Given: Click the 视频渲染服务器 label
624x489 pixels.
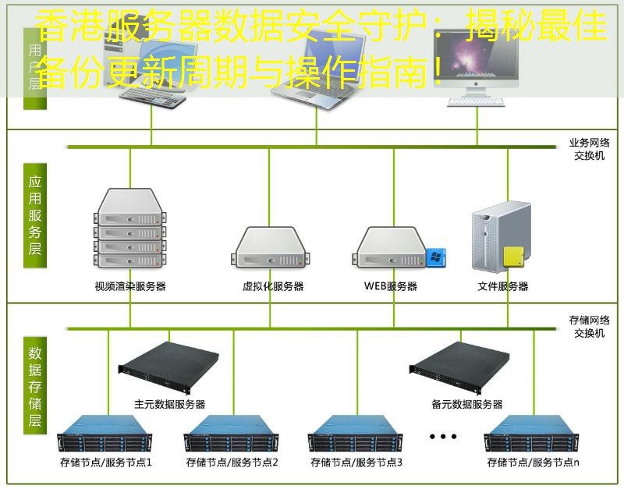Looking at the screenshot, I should point(130,286).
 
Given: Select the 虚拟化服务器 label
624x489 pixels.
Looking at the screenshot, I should point(273,286).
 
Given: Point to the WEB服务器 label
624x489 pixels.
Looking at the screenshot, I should point(391,286).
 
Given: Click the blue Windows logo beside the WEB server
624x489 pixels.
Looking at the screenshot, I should point(434,257).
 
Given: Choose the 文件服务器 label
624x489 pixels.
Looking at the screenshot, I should point(503,286).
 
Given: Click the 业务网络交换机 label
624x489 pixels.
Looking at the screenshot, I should point(590,149).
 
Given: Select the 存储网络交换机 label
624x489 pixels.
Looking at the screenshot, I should point(590,327).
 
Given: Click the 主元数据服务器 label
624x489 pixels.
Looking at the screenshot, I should point(170,404).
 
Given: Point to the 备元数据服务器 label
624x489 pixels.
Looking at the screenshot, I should point(466,404).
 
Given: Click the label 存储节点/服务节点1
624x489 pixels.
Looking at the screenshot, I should point(106,462).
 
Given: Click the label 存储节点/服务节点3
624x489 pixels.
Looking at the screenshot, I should point(356,462).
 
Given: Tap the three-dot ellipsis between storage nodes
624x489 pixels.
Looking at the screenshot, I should point(443,436).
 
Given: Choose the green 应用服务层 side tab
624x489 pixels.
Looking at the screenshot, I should point(35,215).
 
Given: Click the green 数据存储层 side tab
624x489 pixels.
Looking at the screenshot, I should point(35,385).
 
